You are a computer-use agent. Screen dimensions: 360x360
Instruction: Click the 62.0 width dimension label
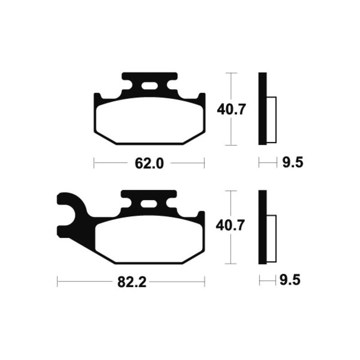tap(149, 163)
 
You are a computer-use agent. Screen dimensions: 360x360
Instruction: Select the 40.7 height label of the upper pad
tap(231, 109)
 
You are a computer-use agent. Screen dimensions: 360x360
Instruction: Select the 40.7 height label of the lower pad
tap(230, 225)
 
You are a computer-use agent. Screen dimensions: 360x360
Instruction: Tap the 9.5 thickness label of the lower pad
tap(290, 281)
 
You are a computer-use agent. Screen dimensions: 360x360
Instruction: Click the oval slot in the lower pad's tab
tap(148, 204)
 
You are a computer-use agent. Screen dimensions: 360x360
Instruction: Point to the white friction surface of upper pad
tap(149, 121)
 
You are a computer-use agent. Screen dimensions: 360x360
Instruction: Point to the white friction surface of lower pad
tap(149, 238)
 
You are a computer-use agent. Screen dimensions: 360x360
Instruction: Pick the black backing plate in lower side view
tap(262, 228)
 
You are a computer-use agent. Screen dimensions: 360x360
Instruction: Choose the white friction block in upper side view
tap(271, 120)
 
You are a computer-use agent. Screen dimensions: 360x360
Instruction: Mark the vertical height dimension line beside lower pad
tap(231, 252)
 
